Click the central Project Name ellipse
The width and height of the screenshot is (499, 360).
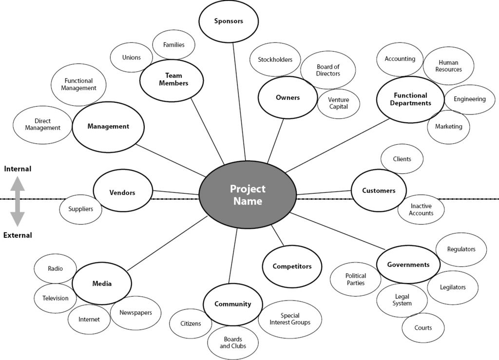[248, 195]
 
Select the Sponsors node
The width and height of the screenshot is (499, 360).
[228, 21]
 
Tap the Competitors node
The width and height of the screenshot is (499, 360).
[291, 266]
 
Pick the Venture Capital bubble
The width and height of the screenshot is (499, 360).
[338, 103]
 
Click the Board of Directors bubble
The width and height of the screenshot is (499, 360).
[327, 70]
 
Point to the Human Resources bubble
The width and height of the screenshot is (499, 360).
[448, 66]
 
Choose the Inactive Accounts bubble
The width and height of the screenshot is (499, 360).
[421, 209]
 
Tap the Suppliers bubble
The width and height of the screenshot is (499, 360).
[80, 209]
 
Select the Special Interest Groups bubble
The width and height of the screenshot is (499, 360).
[289, 319]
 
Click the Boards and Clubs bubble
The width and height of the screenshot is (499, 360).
[232, 342]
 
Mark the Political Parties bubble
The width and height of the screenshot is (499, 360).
[355, 279]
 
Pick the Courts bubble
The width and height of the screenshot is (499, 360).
[422, 328]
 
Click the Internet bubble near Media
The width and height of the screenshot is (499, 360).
[89, 320]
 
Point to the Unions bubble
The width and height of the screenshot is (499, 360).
[131, 57]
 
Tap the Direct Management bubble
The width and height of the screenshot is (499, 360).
[42, 125]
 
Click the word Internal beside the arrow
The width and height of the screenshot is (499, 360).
[18, 169]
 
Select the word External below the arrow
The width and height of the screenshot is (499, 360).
[18, 235]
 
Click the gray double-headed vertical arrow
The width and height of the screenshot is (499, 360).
[18, 202]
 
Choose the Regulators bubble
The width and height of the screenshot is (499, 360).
[461, 249]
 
